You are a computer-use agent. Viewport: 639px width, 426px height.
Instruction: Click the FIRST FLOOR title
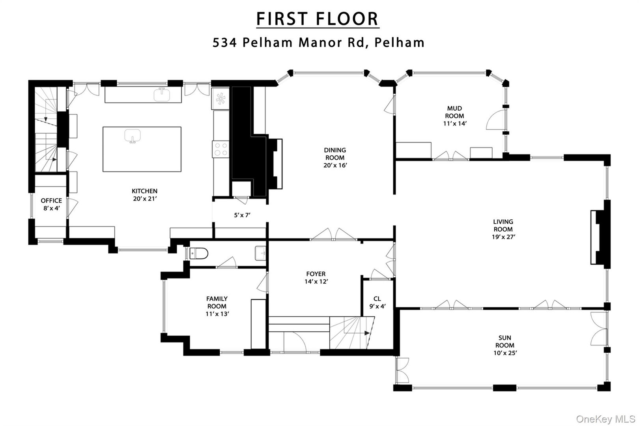318,19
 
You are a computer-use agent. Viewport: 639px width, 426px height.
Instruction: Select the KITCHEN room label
144,191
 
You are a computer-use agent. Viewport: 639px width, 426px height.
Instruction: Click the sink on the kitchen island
133,136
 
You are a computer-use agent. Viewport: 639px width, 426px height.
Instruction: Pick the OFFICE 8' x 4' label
51,204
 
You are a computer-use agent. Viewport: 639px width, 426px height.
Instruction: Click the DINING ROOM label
335,154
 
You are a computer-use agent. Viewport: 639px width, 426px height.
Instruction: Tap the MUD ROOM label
454,112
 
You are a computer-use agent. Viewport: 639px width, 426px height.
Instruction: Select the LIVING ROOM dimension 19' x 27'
503,237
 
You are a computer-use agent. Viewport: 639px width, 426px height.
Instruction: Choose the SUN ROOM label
505,342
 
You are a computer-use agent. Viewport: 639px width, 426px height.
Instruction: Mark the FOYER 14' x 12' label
316,278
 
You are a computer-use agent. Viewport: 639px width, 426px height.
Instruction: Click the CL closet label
377,299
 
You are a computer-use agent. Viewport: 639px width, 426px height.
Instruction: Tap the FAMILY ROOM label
217,303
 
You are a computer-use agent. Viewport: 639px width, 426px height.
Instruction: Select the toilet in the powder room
198,253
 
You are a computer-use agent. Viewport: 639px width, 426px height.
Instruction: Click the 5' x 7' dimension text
242,215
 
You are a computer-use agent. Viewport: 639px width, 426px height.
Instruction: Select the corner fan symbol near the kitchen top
220,98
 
